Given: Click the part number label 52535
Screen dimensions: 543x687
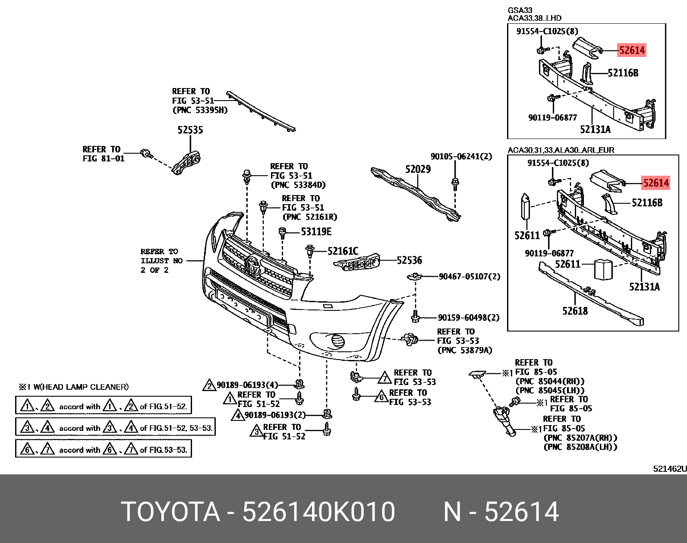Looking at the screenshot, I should coord(190,130).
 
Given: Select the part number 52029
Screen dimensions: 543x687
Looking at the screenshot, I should coord(417,170).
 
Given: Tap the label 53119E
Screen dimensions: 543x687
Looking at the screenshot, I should coord(316,232).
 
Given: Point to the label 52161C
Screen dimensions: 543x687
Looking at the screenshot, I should coord(343,251).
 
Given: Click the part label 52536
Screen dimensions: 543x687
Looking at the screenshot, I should coord(409,260).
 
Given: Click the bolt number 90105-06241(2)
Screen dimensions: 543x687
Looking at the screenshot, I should coord(461,156).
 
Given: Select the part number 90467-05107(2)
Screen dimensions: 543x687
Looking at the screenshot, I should coord(469,276).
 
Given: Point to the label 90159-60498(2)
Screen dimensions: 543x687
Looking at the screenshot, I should coord(468,318).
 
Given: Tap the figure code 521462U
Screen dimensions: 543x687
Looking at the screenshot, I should coord(669,468).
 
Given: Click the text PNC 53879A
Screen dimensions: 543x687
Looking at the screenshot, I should coord(465,350).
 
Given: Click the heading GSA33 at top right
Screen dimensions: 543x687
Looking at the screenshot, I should coord(520,10).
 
